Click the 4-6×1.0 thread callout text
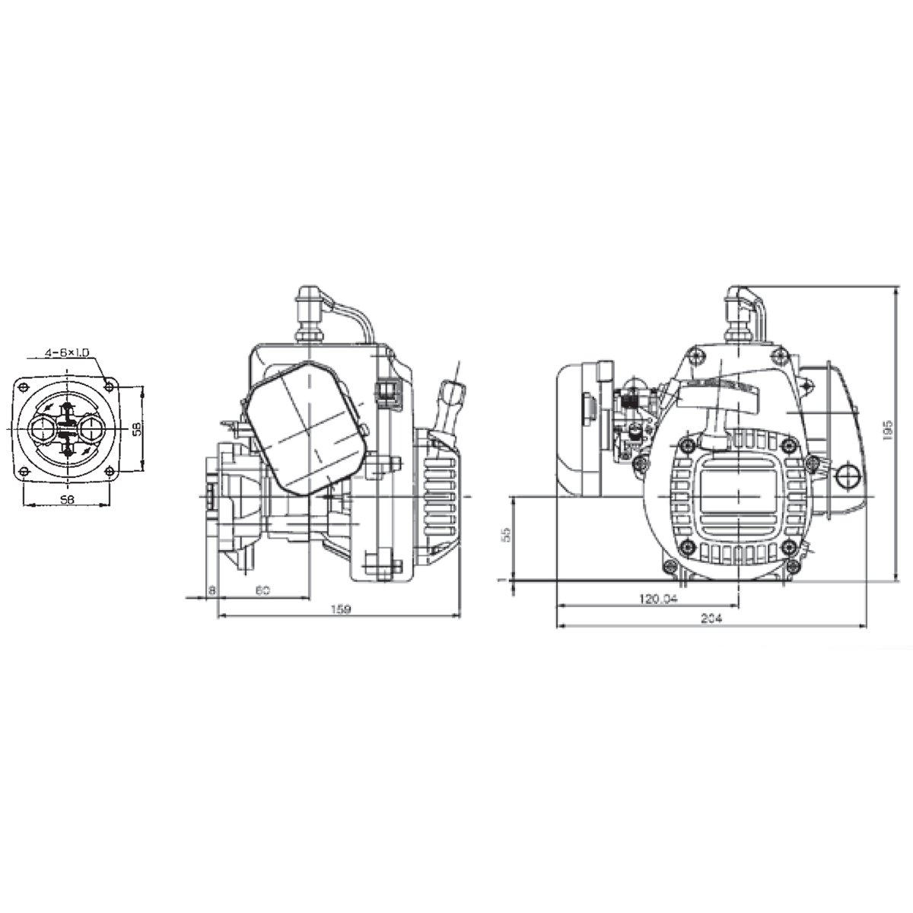point(67,352)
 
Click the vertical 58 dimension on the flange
point(135,428)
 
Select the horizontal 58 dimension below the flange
point(66,499)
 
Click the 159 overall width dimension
point(340,609)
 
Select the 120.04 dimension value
point(657,599)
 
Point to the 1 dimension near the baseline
point(501,581)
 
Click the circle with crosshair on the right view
point(847,477)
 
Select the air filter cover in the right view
point(581,430)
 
